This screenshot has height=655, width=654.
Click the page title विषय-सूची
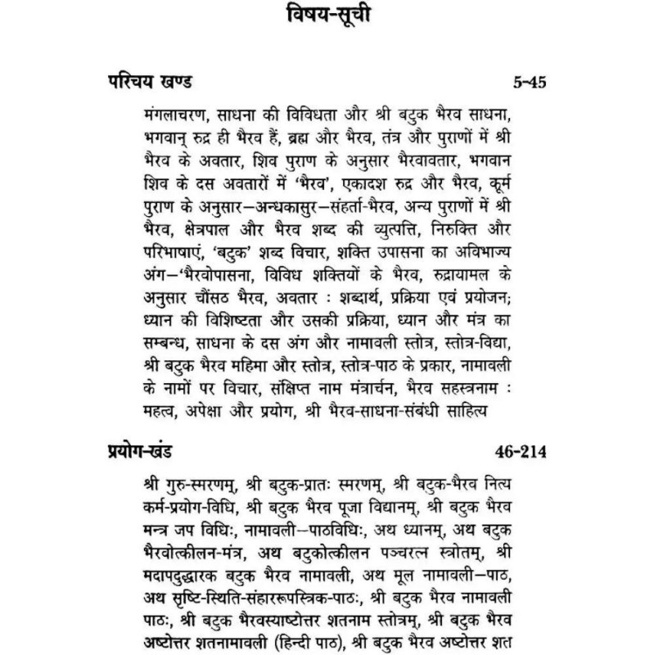point(327,19)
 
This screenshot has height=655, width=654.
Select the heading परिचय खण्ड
point(149,82)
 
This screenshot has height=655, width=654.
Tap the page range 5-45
point(527,83)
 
